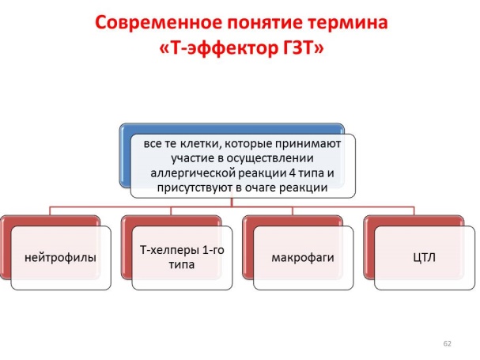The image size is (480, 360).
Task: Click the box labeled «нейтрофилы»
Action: click(61, 258)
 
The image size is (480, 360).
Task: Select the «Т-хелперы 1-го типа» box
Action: click(182, 258)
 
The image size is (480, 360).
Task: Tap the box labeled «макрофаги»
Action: click(304, 258)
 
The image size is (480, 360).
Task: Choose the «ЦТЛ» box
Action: click(425, 258)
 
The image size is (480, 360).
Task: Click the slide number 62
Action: click(448, 343)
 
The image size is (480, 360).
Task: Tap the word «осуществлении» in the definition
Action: click(270, 159)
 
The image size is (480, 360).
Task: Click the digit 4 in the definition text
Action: click(292, 173)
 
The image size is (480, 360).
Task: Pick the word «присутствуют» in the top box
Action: click(195, 188)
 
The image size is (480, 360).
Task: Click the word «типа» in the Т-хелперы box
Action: click(182, 264)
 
